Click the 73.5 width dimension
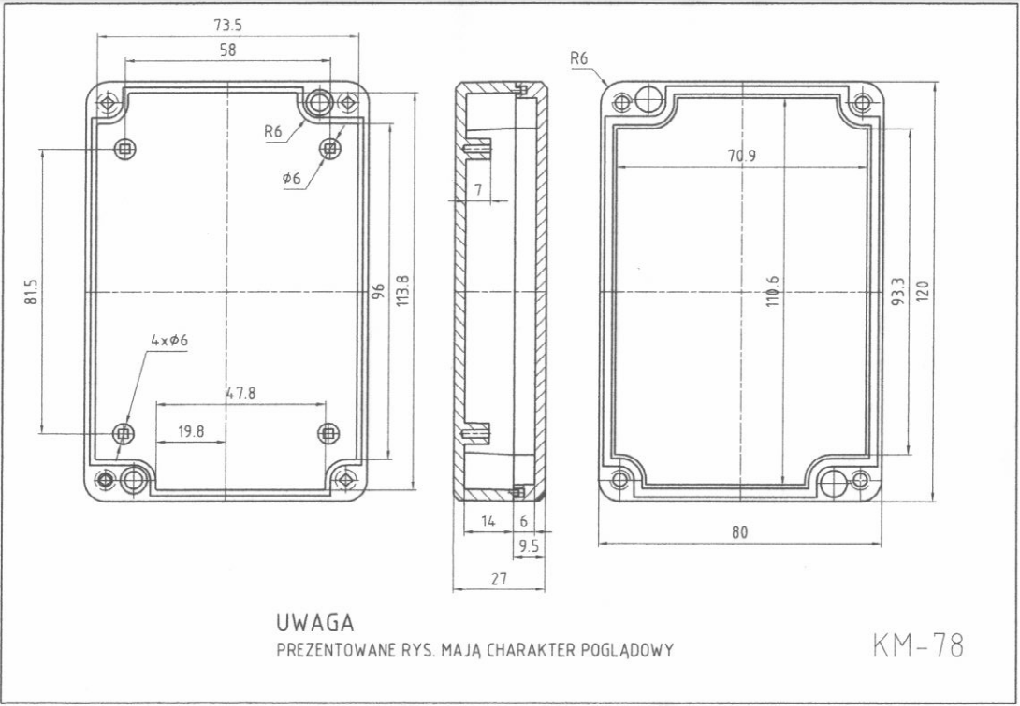(x=227, y=25)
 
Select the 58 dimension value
(x=227, y=51)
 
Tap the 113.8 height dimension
(x=403, y=290)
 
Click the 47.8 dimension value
(x=240, y=395)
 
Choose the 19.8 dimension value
(x=191, y=431)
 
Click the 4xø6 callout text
(x=169, y=340)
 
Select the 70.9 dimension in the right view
(x=742, y=156)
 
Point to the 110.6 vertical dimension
(x=773, y=292)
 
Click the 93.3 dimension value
(x=897, y=292)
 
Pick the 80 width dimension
(x=740, y=532)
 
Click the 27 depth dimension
(x=499, y=580)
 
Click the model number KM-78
(x=917, y=644)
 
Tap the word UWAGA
(x=315, y=622)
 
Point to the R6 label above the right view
(x=579, y=58)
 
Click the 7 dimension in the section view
(x=477, y=191)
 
